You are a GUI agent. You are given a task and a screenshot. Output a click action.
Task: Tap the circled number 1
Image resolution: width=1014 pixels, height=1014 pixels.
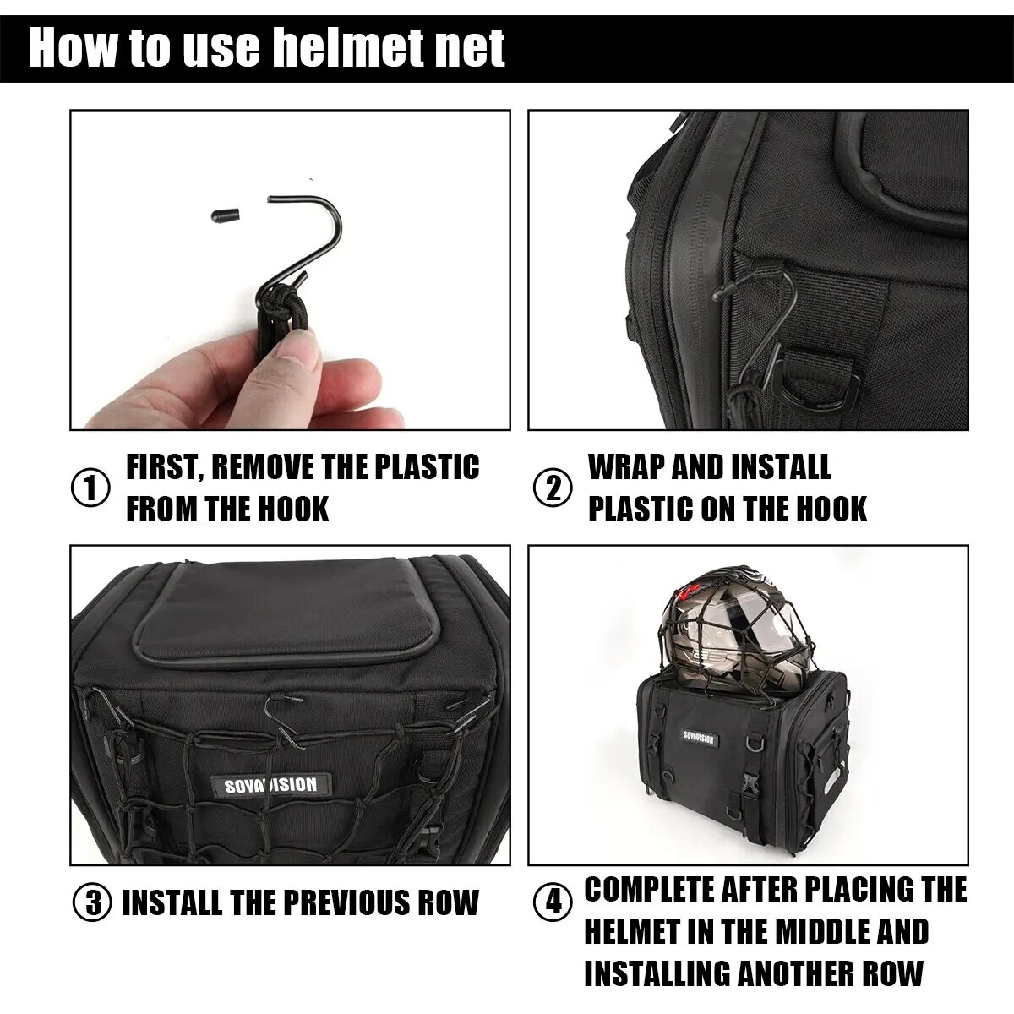[x=90, y=488]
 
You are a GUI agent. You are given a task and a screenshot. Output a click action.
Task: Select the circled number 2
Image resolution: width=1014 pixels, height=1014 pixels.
[x=553, y=488]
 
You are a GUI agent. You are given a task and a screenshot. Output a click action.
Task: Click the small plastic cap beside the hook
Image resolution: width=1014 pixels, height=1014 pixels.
[x=225, y=215]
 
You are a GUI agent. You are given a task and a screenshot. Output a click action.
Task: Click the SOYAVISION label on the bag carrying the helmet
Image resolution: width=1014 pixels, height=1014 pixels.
[x=700, y=738]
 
